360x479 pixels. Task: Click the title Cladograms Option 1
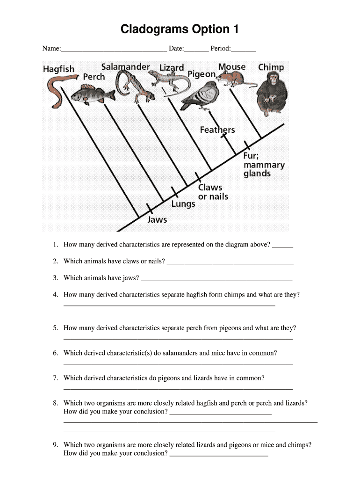coord(180,29)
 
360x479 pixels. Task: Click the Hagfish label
coord(59,69)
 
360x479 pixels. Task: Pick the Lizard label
coord(172,68)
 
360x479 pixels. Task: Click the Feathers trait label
coord(217,130)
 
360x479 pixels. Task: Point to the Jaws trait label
coord(157,219)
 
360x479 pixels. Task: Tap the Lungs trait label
coord(183,203)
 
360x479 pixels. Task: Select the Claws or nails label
coord(213,192)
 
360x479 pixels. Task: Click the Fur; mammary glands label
coord(264,165)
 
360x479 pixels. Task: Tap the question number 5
coord(55,328)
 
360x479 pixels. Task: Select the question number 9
coord(55,445)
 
